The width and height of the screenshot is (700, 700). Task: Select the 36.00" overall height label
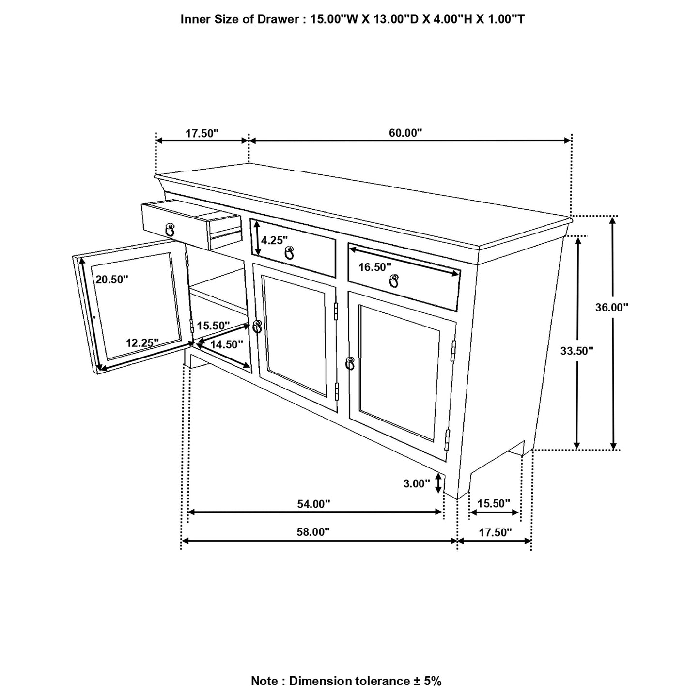point(612,307)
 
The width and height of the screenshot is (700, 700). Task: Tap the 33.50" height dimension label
point(577,351)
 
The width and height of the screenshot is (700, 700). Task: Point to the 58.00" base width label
point(313,532)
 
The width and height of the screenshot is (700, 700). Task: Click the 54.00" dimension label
point(313,504)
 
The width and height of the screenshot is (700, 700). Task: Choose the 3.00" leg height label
point(417,483)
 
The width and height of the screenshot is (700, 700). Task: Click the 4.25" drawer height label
point(274,240)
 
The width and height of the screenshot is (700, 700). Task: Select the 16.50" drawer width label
point(374,267)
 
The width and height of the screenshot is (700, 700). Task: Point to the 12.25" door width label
point(142,343)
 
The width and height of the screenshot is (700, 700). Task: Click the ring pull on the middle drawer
point(289,252)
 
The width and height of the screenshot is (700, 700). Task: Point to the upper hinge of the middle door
point(336,311)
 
